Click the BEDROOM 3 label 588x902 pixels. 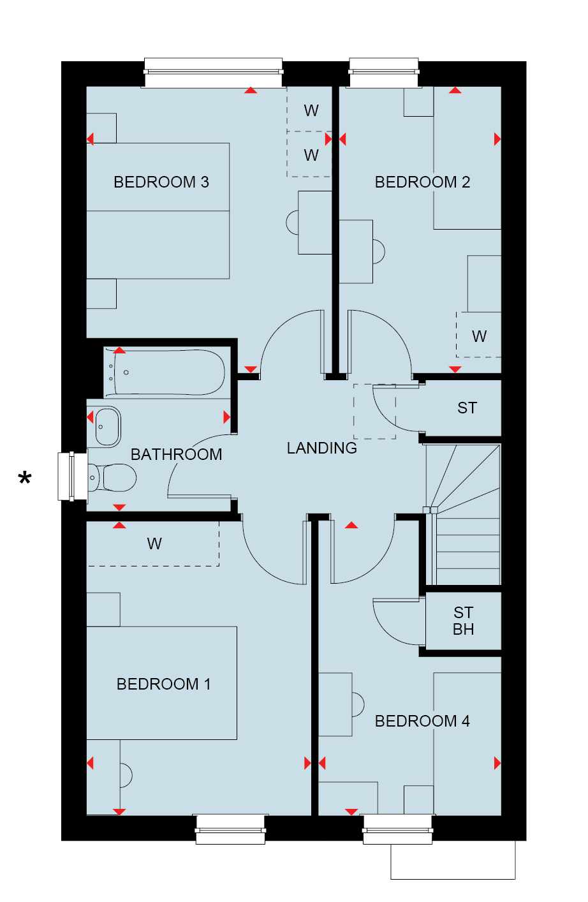click(161, 182)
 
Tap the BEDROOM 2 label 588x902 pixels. click(422, 182)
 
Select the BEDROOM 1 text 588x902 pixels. click(163, 684)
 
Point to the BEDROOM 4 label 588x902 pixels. click(422, 721)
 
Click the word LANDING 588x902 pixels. click(321, 448)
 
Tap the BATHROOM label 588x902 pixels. click(176, 454)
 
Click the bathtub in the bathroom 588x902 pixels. click(165, 372)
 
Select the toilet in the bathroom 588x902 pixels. click(112, 478)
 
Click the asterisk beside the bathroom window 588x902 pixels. click(25, 478)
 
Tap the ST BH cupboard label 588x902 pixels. click(463, 621)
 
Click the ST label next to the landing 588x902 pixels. click(467, 408)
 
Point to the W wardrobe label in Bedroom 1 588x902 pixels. click(154, 543)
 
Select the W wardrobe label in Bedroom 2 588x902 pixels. click(480, 336)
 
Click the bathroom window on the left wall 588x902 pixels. click(73, 477)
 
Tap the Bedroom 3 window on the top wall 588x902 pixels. click(213, 73)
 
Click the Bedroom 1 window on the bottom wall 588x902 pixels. click(230, 829)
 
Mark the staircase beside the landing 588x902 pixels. click(463, 514)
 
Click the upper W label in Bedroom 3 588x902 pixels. click(311, 110)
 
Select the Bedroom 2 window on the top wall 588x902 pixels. click(384, 73)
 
